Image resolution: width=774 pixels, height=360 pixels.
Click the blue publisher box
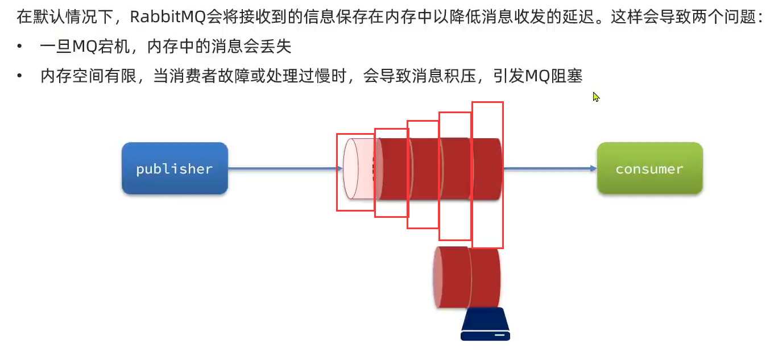tap(175, 168)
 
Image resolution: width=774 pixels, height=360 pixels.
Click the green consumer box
tap(649, 168)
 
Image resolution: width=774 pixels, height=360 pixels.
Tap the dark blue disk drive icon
tap(485, 325)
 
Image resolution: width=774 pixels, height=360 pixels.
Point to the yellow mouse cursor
tap(595, 97)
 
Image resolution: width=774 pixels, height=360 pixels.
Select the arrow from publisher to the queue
tap(284, 168)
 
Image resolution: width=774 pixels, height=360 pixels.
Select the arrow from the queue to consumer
tap(549, 168)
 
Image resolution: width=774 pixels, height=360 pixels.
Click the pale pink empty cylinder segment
tap(355, 169)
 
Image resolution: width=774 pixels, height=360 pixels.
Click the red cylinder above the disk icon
tap(467, 276)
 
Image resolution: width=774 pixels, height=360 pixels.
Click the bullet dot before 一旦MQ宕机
tap(20, 47)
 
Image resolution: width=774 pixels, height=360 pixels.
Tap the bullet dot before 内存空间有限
tap(20, 76)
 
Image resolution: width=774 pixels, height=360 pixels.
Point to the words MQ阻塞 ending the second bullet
tap(554, 76)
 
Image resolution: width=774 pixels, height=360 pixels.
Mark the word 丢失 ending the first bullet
tap(276, 47)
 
